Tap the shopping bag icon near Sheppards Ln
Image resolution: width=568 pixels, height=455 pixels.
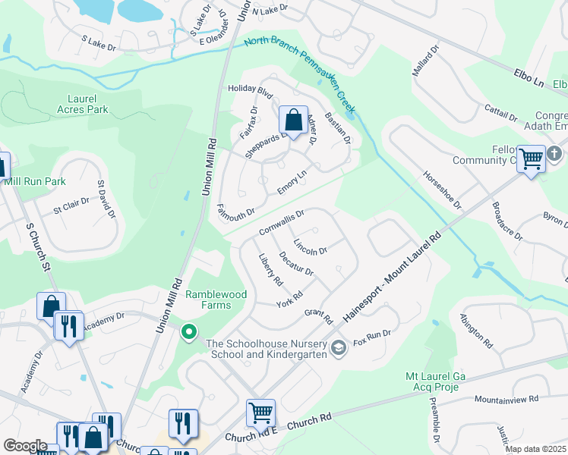(x=292, y=120)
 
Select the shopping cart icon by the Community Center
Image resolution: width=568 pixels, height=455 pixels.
(x=532, y=158)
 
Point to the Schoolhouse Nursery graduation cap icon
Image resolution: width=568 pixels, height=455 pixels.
(x=339, y=349)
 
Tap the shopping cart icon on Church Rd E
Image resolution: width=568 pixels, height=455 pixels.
(x=260, y=413)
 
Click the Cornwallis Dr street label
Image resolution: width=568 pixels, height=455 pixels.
(x=281, y=222)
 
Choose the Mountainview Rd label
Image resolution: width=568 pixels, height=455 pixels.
(x=506, y=398)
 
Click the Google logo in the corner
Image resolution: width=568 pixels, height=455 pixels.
(x=25, y=446)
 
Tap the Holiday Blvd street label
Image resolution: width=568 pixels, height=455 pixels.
(x=250, y=88)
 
